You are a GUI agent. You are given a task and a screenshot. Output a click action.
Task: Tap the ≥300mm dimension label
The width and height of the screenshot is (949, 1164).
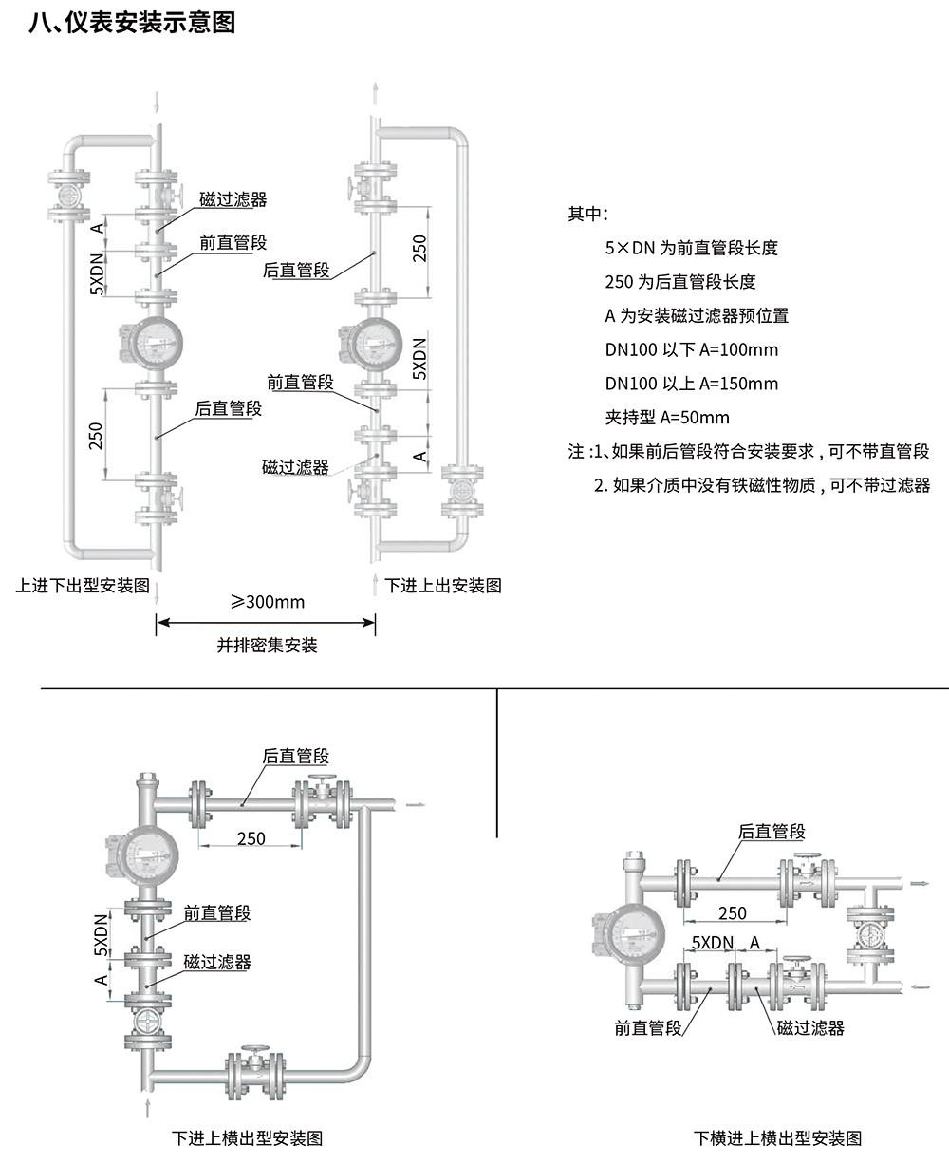267,602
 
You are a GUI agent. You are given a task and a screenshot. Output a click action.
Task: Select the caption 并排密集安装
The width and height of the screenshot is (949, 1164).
267,646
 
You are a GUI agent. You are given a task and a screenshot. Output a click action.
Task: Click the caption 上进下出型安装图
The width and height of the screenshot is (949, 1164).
84,585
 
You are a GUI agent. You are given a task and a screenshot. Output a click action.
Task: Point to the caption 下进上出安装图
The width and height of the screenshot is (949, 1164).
443,585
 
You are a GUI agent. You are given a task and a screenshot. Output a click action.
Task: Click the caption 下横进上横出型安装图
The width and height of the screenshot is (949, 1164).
777,1137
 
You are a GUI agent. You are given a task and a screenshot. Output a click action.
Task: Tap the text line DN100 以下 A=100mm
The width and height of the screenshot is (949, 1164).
691,349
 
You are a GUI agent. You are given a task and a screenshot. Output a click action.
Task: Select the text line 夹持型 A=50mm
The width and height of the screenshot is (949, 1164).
667,418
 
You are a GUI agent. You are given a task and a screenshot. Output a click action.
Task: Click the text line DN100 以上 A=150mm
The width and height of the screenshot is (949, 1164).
691,384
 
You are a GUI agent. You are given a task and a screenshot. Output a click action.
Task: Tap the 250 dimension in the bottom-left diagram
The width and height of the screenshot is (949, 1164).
251,838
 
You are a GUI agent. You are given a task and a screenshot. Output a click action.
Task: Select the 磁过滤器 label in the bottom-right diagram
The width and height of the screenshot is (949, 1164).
810,1027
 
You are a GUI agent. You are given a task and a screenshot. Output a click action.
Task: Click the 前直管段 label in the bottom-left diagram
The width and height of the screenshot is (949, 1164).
217,913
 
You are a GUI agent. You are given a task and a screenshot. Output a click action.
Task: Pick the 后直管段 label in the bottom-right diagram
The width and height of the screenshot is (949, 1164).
772,832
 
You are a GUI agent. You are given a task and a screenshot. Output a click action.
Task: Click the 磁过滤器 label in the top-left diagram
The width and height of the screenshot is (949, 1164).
233,199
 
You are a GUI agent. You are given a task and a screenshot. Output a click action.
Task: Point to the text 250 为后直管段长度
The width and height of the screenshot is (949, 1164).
679,282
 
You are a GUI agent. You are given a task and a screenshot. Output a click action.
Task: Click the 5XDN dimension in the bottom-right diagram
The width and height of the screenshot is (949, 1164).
713,943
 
